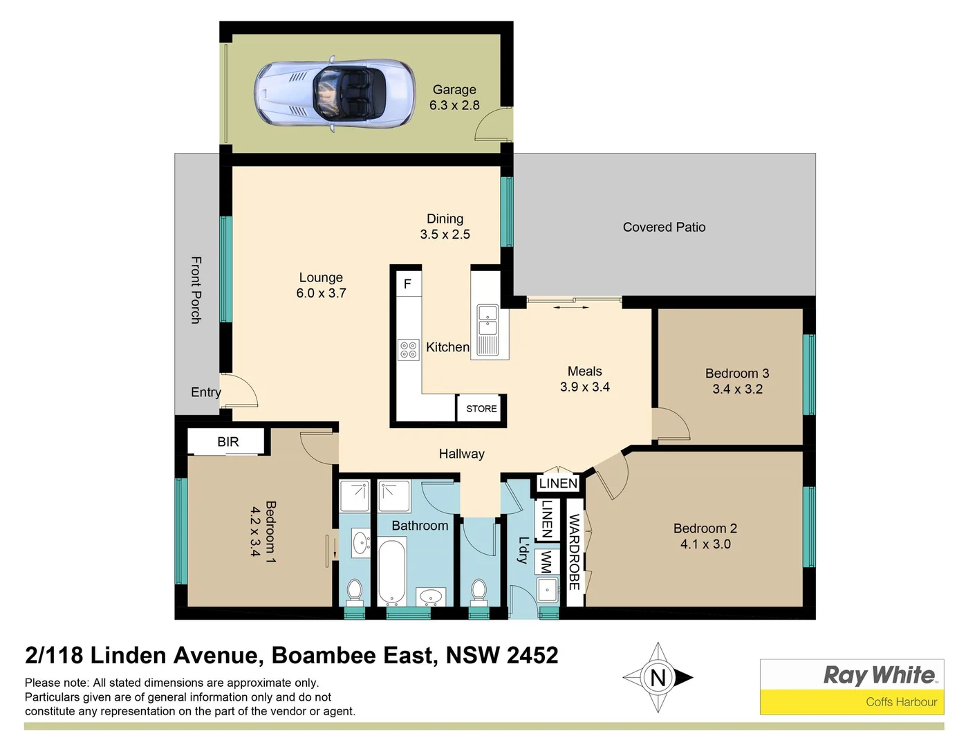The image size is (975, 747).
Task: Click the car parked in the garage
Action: pos(335,93)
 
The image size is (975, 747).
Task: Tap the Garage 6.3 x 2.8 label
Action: pos(454,98)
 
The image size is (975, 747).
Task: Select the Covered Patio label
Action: pos(664,227)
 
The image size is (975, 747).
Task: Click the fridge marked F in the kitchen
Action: pos(408,284)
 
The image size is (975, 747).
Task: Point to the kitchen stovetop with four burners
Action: pos(408,349)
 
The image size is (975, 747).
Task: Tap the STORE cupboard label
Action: pos(481,409)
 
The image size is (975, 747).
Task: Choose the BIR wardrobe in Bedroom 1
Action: pos(228,441)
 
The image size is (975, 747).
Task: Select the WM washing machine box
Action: pos(546,562)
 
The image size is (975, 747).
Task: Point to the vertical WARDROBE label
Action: pos(574,552)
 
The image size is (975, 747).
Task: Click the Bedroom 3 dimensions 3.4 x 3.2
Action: pos(737,389)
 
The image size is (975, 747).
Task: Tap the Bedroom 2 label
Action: pos(705,528)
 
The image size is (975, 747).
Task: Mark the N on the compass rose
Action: pos(658,677)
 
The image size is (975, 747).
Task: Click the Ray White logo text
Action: pos(879,674)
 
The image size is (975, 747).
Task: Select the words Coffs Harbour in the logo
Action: pos(901,701)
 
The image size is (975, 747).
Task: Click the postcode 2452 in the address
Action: pos(532,655)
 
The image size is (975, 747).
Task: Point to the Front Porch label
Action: pos(196,290)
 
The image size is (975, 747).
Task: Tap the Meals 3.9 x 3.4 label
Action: pos(584,379)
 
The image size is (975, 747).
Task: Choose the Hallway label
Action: pos(461,454)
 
